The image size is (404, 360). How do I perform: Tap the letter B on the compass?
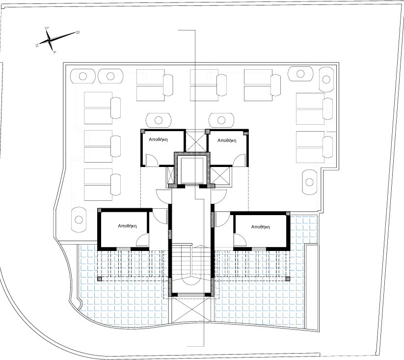point(78,33)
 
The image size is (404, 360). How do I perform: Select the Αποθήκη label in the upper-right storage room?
point(226,140)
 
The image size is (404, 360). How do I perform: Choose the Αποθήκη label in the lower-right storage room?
point(260,227)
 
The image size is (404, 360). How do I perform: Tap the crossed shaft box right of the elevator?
point(222,175)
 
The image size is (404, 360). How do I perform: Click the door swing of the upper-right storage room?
point(239,159)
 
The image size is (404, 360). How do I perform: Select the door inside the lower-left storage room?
point(143,240)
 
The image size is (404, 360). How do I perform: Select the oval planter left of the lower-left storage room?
point(79,219)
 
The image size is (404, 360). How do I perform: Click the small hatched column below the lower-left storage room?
point(100,278)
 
